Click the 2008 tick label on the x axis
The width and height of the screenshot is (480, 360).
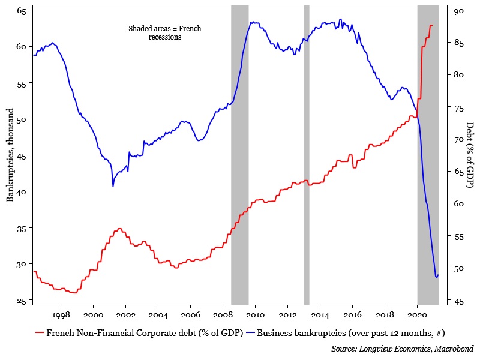pyautogui.click(x=223, y=314)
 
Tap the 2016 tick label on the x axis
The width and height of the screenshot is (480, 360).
pyautogui.click(x=352, y=314)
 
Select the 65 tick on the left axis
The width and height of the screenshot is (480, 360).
pyautogui.click(x=21, y=10)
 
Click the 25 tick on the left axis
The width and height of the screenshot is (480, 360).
pyautogui.click(x=21, y=301)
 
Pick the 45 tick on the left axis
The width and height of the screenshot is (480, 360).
pyautogui.click(x=21, y=155)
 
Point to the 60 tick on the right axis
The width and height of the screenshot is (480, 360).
pyautogui.click(x=460, y=204)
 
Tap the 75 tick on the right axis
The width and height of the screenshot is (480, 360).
pyautogui.click(x=460, y=107)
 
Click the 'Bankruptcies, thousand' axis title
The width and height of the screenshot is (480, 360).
pyautogui.click(x=10, y=155)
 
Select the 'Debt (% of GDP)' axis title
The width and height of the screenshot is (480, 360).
pyautogui.click(x=470, y=155)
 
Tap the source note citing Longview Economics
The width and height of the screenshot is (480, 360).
pyautogui.click(x=402, y=348)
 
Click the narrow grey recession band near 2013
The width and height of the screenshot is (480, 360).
pyautogui.click(x=307, y=155)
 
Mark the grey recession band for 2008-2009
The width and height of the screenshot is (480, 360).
pyautogui.click(x=240, y=155)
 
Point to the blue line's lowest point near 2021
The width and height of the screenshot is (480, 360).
pyautogui.click(x=436, y=277)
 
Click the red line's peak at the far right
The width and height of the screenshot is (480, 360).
pyautogui.click(x=431, y=25)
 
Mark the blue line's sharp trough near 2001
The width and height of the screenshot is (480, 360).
pyautogui.click(x=113, y=186)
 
